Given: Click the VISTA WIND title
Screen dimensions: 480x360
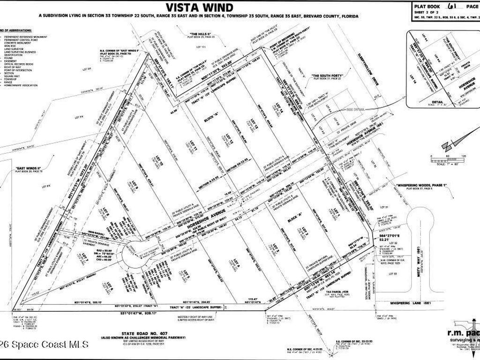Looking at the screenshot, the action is tap(200, 7).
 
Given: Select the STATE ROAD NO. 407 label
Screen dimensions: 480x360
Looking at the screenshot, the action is tap(143, 332).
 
